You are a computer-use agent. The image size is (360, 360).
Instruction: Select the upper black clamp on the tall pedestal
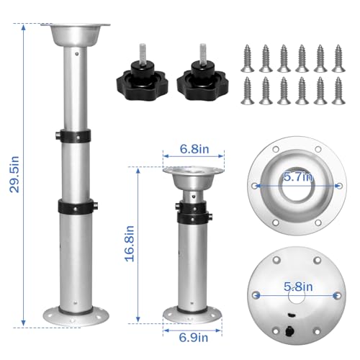pyautogui.click(x=74, y=135)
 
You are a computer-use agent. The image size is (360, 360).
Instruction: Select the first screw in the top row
pyautogui.click(x=250, y=56)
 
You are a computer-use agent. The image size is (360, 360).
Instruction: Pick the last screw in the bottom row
pyautogui.click(x=337, y=91)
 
